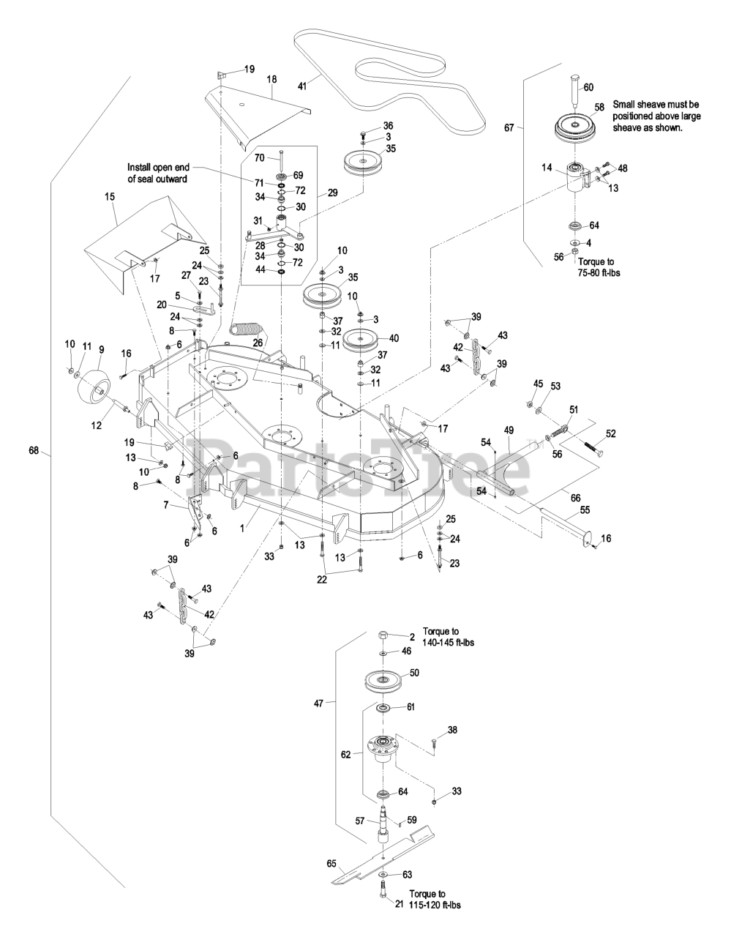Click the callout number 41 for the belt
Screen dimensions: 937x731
(x=303, y=86)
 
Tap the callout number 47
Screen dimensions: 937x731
(x=318, y=703)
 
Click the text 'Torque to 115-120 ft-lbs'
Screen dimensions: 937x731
(x=438, y=900)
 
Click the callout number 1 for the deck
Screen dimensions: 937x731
(x=250, y=518)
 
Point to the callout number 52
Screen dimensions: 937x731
(x=610, y=433)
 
